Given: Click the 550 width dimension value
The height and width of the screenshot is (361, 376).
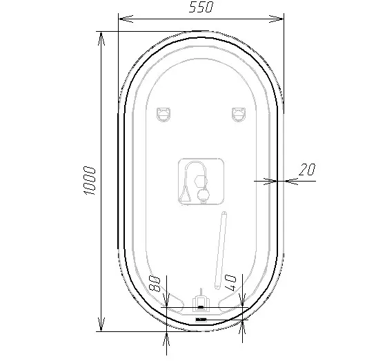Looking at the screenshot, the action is (201, 7).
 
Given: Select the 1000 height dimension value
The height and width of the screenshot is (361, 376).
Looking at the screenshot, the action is (89, 180).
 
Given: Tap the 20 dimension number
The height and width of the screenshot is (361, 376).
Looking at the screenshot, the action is (307, 169).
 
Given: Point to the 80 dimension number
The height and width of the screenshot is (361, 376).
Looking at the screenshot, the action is (155, 283).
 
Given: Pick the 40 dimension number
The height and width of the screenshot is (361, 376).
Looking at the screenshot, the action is (230, 282).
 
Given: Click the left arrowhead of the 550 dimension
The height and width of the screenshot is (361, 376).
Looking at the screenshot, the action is (126, 19).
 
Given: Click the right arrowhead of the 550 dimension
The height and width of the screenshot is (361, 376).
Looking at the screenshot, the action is (276, 19).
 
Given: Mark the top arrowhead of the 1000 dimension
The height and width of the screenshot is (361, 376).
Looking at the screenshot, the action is (101, 39).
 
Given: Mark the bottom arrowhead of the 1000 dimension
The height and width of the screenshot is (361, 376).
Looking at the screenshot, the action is (101, 324).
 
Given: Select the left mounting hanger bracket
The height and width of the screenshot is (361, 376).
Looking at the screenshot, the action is (164, 115).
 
